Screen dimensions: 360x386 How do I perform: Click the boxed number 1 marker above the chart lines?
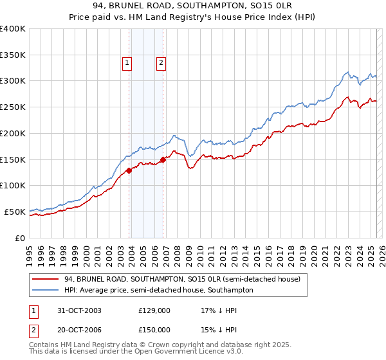(x=127, y=63)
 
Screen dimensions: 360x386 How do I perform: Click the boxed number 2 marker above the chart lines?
(x=160, y=63)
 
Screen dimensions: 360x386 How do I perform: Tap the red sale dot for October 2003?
(x=129, y=170)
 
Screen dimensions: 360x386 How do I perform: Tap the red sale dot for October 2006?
(x=163, y=159)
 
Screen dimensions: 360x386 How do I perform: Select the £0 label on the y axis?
(x=20, y=238)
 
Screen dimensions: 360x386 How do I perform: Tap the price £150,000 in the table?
(x=154, y=330)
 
